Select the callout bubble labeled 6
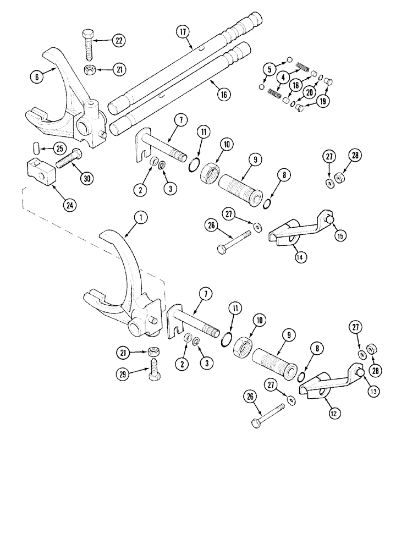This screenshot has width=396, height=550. click(x=36, y=78)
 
